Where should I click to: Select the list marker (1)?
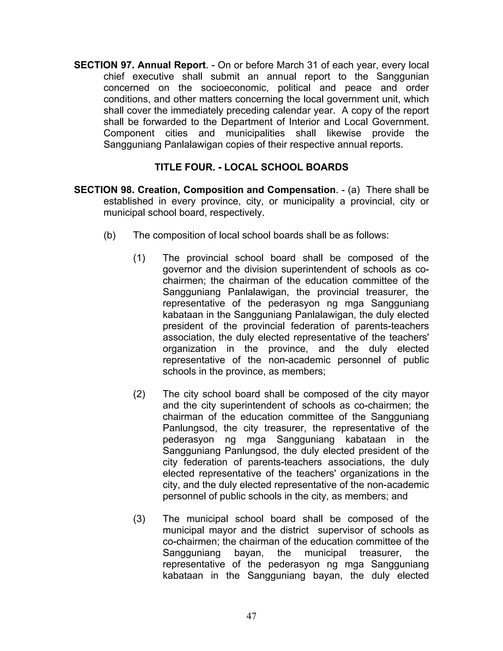pos(139,258)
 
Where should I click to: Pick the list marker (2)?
pos(139,394)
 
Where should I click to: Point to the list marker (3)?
pos(139,519)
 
